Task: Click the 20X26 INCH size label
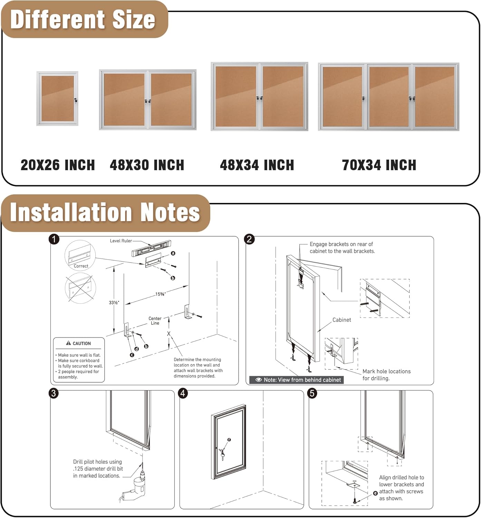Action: pyautogui.click(x=58, y=165)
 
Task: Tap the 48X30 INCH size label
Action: pyautogui.click(x=147, y=165)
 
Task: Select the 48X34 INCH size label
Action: pyautogui.click(x=257, y=165)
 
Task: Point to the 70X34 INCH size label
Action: pyautogui.click(x=379, y=165)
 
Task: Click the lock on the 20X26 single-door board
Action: pyautogui.click(x=75, y=100)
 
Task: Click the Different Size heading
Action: pyautogui.click(x=83, y=19)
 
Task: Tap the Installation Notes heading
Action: pyautogui.click(x=105, y=212)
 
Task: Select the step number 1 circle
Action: pyautogui.click(x=54, y=239)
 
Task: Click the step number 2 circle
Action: pyautogui.click(x=249, y=239)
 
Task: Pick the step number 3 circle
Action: pyautogui.click(x=54, y=393)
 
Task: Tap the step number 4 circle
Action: pyautogui.click(x=183, y=393)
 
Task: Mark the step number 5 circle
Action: pyautogui.click(x=312, y=393)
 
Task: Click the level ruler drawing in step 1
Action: pyautogui.click(x=151, y=248)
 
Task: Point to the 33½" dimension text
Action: pyautogui.click(x=114, y=303)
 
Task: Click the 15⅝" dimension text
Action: pyautogui.click(x=160, y=294)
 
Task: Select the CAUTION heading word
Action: pyautogui.click(x=81, y=343)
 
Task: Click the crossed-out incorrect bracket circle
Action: pyautogui.click(x=80, y=288)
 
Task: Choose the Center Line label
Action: pyautogui.click(x=155, y=321)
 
